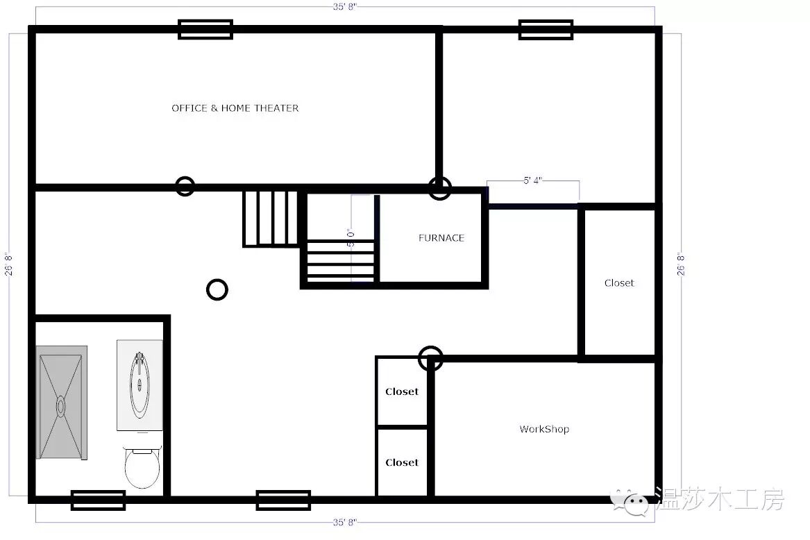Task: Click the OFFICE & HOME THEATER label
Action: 235,108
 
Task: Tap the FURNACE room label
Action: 441,237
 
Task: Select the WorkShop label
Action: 544,429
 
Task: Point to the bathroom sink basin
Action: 140,385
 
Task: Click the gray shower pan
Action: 62,403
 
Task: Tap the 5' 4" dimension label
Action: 532,180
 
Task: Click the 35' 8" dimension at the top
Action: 344,7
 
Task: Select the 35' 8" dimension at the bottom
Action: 344,523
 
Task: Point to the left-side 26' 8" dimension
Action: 9,264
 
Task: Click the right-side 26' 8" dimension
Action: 681,264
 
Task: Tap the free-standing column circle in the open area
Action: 217,290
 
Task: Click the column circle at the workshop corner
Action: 430,358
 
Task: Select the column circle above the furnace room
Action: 439,188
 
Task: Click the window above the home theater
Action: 205,29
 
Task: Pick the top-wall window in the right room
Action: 546,29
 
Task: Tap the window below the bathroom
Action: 98,500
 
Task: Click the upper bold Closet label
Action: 402,391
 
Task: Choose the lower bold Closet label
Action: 402,462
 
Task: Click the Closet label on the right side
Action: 619,283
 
